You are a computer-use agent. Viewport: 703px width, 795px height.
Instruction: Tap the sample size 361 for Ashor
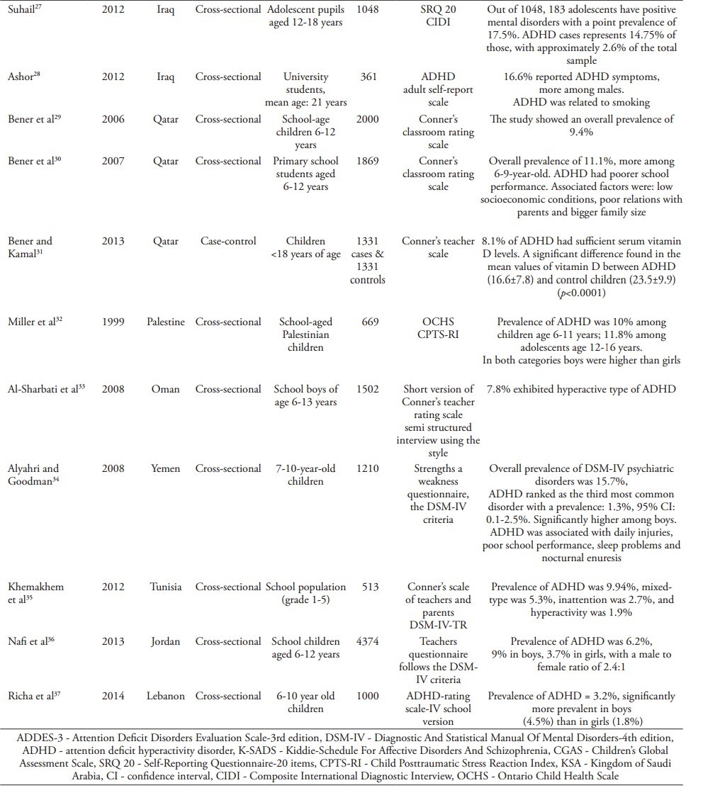(368, 77)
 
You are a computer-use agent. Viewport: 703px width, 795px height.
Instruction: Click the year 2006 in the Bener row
(113, 119)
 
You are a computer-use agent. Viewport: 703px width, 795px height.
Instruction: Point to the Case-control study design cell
(228, 241)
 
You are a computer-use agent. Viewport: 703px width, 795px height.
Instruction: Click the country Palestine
(165, 322)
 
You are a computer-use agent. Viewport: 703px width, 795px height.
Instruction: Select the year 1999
(113, 322)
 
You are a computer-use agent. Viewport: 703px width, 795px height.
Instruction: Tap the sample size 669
(368, 322)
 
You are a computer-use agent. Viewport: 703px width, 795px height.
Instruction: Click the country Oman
(165, 389)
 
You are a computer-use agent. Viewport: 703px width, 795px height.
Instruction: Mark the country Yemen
(165, 468)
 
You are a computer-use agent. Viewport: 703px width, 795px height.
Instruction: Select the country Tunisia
(165, 587)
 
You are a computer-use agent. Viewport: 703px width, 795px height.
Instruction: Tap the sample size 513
(368, 587)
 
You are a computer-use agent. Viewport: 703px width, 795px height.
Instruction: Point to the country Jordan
(165, 641)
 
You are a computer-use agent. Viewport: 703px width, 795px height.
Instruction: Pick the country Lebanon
(165, 696)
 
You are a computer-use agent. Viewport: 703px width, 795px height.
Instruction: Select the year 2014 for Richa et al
(113, 696)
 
